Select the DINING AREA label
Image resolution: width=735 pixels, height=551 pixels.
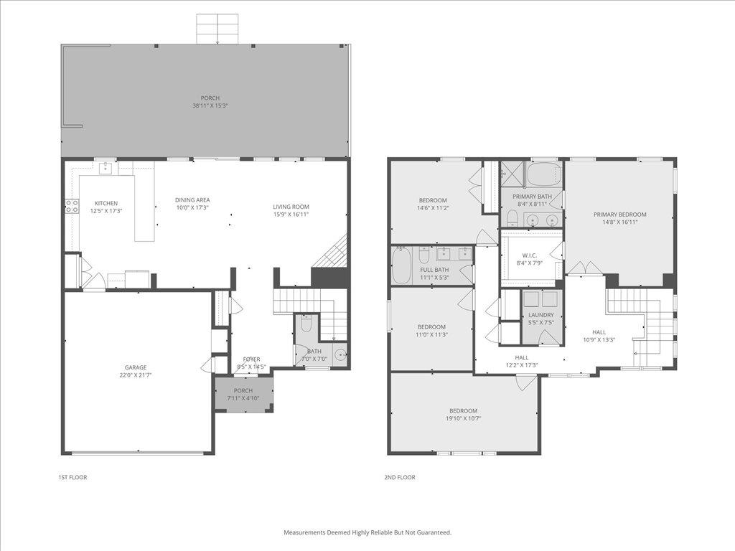point(192,200)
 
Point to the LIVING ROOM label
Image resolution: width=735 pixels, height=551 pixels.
point(291,207)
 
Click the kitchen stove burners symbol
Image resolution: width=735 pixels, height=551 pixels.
point(72,206)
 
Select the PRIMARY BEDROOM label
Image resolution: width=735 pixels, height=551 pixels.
point(619,215)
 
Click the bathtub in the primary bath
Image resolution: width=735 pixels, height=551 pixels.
point(543,174)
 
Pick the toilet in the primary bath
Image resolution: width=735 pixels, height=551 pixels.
point(512,217)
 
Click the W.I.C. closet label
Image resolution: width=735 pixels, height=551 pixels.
point(530,255)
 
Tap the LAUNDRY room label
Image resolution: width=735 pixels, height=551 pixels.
point(541,315)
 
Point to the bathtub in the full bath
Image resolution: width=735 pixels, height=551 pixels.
point(401,265)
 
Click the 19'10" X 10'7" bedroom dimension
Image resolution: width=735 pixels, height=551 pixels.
point(464,418)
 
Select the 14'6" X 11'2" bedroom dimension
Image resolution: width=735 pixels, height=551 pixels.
point(433,207)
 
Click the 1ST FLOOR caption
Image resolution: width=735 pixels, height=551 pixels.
point(72,477)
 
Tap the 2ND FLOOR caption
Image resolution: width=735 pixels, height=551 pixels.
point(401,477)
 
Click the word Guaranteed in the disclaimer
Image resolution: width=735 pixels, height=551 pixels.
point(434,532)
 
